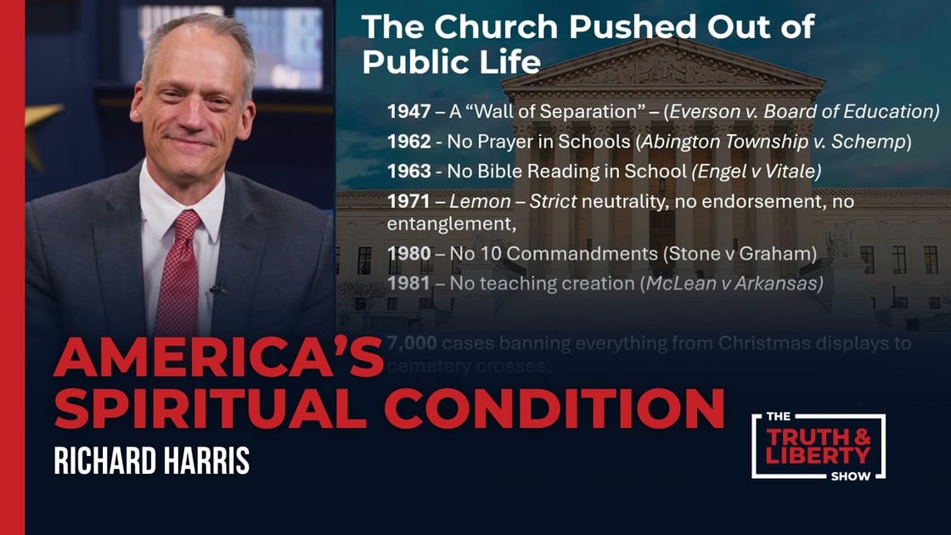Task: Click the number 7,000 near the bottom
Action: (x=411, y=344)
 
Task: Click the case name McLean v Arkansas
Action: (x=734, y=284)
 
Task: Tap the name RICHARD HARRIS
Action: (x=151, y=460)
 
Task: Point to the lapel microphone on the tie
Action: (x=217, y=289)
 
